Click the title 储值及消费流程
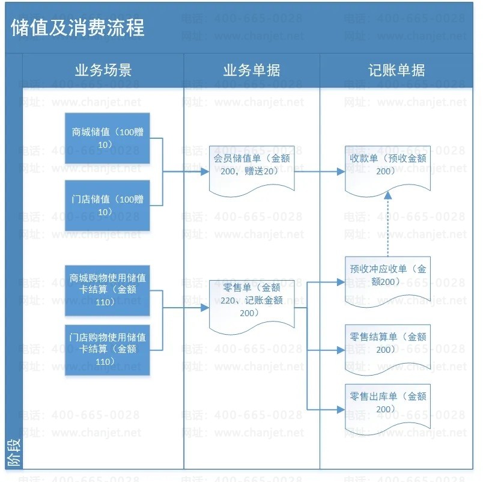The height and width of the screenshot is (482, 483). coord(77,28)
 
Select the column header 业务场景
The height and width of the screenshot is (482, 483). coord(103,70)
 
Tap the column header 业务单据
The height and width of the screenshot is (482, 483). coord(251,70)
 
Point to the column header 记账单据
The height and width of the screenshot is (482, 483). coord(396,70)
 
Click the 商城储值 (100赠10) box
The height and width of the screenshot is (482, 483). coord(108,138)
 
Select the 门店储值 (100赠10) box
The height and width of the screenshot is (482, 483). coord(108,206)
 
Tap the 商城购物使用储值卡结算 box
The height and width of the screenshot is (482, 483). coord(108,290)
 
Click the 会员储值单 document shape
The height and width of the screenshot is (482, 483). coord(251,167)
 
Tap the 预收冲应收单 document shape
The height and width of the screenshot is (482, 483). coord(387,275)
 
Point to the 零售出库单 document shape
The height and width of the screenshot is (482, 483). coord(387,404)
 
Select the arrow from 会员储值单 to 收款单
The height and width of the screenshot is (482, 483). coord(318,171)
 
